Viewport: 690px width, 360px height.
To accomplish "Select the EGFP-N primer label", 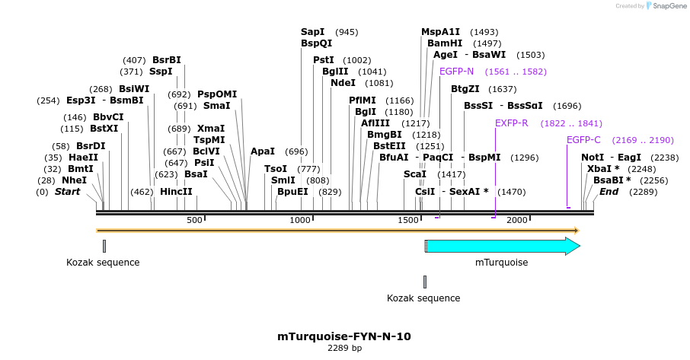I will click(456, 72).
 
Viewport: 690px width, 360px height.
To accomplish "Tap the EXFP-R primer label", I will click(512, 123).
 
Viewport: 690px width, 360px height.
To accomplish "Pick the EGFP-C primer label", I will click(583, 140).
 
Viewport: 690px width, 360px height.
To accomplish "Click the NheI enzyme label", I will click(74, 180).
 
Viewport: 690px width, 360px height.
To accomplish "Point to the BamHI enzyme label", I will click(444, 43).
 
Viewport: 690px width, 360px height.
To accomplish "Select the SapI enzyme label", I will click(312, 32).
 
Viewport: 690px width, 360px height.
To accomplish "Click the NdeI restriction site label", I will click(343, 83).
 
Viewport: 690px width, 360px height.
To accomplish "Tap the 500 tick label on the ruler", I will click(195, 220).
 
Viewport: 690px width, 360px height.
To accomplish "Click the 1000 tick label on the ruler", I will click(301, 220).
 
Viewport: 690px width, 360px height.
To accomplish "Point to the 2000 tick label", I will click(517, 220).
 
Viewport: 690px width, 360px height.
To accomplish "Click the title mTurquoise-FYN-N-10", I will click(344, 336).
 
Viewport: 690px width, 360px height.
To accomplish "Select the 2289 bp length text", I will click(344, 348).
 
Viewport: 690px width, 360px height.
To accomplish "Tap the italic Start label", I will click(67, 192).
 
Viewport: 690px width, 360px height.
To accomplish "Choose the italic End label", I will click(609, 192).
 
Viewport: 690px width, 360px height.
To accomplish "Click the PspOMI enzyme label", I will click(217, 94).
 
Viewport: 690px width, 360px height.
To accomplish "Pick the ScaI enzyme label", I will click(415, 174).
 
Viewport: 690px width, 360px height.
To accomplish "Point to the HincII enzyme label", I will click(176, 192).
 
